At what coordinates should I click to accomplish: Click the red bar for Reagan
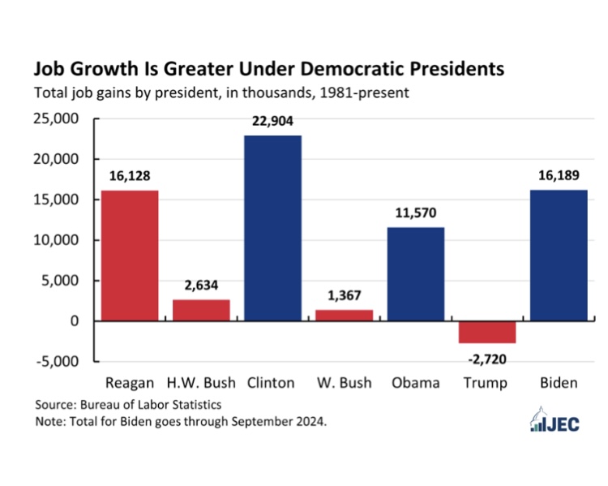[x=130, y=256]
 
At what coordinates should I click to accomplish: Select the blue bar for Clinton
[x=272, y=228]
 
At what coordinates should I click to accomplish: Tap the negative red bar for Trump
[x=487, y=333]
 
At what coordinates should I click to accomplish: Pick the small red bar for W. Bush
[x=345, y=316]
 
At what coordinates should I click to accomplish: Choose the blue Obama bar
[x=416, y=274]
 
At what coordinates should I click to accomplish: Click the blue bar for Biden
[x=559, y=256]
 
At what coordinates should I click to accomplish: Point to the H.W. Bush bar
[x=201, y=311]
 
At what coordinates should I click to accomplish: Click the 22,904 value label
[x=272, y=121]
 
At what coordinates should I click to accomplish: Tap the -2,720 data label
[x=487, y=359]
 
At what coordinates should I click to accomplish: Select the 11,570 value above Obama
[x=416, y=213]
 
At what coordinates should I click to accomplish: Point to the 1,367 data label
[x=345, y=295]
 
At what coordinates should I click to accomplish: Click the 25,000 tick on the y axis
[x=56, y=118]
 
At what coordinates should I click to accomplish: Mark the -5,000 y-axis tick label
[x=58, y=361]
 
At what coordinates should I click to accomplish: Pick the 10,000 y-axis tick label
[x=56, y=240]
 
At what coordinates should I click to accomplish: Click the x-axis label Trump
[x=486, y=383]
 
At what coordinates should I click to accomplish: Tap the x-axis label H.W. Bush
[x=201, y=383]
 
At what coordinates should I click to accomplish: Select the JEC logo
[x=554, y=419]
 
